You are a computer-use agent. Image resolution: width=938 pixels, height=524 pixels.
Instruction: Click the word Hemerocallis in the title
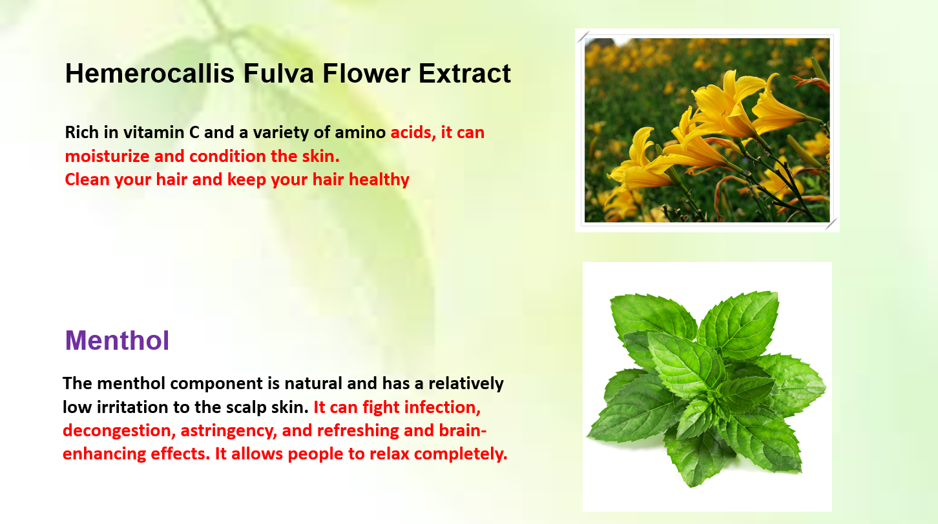tap(149, 74)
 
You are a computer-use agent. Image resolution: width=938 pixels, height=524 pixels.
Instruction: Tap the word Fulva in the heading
tap(278, 74)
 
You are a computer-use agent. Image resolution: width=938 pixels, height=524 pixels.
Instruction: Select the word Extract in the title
tap(464, 74)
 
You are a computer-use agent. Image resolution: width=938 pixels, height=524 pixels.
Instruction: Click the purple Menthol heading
tap(118, 340)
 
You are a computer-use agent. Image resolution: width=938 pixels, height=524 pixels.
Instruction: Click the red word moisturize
tap(107, 156)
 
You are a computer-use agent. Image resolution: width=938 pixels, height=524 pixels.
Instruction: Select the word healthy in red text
tap(379, 180)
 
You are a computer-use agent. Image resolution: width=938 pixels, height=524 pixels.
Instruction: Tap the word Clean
tap(87, 180)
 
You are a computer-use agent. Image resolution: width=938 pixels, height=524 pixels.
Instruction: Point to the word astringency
tap(229, 430)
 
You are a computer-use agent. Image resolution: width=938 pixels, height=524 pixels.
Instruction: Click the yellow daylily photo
tap(707, 130)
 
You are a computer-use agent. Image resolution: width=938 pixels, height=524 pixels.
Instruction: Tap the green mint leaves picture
tap(707, 387)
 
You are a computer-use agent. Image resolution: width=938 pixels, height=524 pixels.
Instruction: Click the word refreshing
tap(358, 430)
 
